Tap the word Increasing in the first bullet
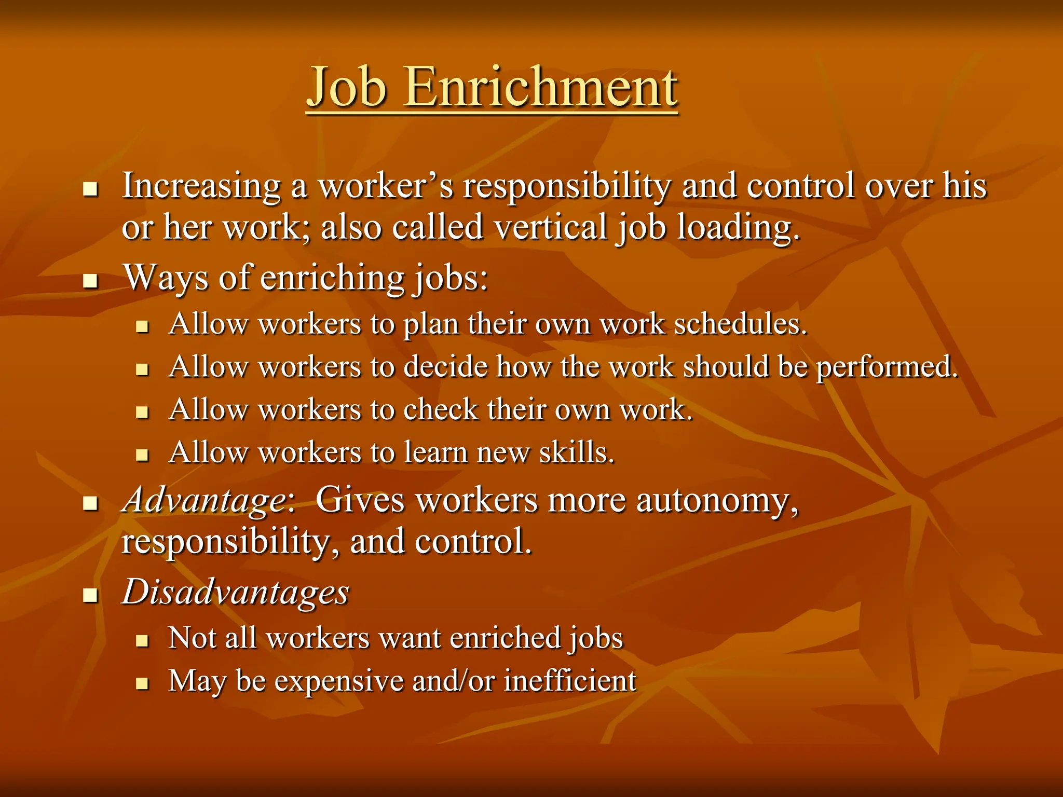pyautogui.click(x=201, y=186)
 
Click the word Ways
pyautogui.click(x=166, y=278)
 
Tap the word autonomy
pyautogui.click(x=717, y=501)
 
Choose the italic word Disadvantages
pyautogui.click(x=235, y=592)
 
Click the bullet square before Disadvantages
pyautogui.click(x=91, y=595)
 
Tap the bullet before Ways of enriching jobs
pyautogui.click(x=91, y=281)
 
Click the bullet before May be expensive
pyautogui.click(x=142, y=683)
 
